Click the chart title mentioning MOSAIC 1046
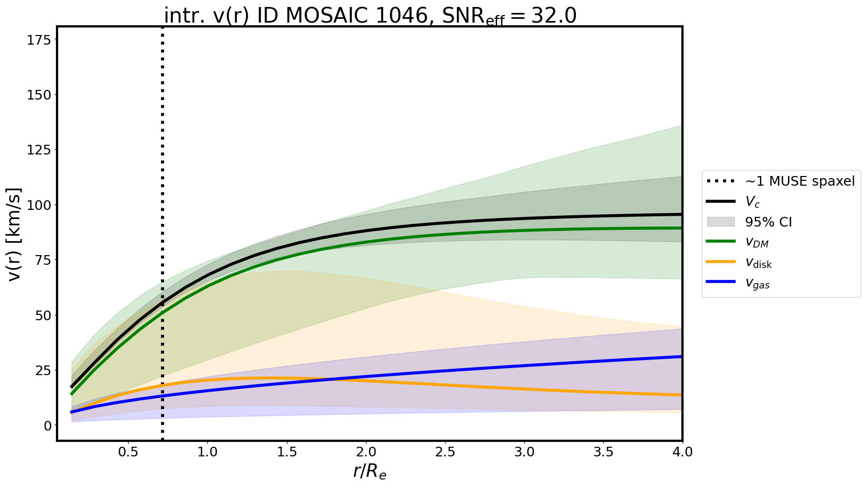[370, 16]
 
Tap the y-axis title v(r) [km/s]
[15, 234]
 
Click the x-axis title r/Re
[370, 471]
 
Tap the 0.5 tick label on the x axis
[128, 452]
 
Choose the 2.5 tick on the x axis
[445, 452]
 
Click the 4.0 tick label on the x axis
[682, 452]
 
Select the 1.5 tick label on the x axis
[286, 452]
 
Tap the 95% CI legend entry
[768, 222]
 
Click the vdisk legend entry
[758, 263]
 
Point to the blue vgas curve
[484, 368]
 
